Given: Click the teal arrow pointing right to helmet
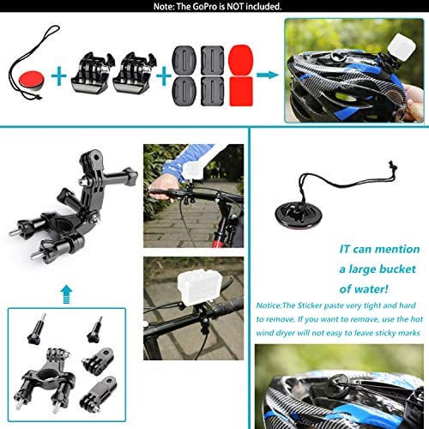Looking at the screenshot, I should coord(268,76).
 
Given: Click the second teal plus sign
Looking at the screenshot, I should coord(163,76).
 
